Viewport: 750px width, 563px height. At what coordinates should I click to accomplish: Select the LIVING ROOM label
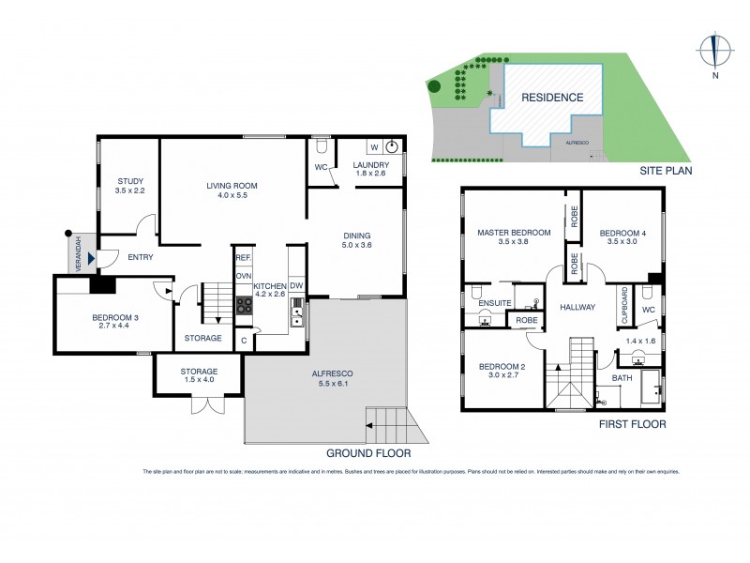(232, 186)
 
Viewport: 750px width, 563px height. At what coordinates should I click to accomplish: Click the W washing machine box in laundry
(374, 147)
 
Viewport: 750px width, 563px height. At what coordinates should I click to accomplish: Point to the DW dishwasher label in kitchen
(295, 285)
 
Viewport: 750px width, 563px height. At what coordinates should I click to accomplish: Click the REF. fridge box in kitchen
(243, 257)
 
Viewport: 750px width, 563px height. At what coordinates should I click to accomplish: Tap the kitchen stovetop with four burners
(245, 304)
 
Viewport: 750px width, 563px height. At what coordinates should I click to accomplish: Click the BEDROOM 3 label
(115, 317)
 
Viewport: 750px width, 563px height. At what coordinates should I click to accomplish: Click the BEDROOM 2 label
(501, 367)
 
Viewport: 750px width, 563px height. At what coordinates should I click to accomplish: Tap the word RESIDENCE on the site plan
(552, 97)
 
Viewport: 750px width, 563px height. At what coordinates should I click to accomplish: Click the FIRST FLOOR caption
(634, 424)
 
